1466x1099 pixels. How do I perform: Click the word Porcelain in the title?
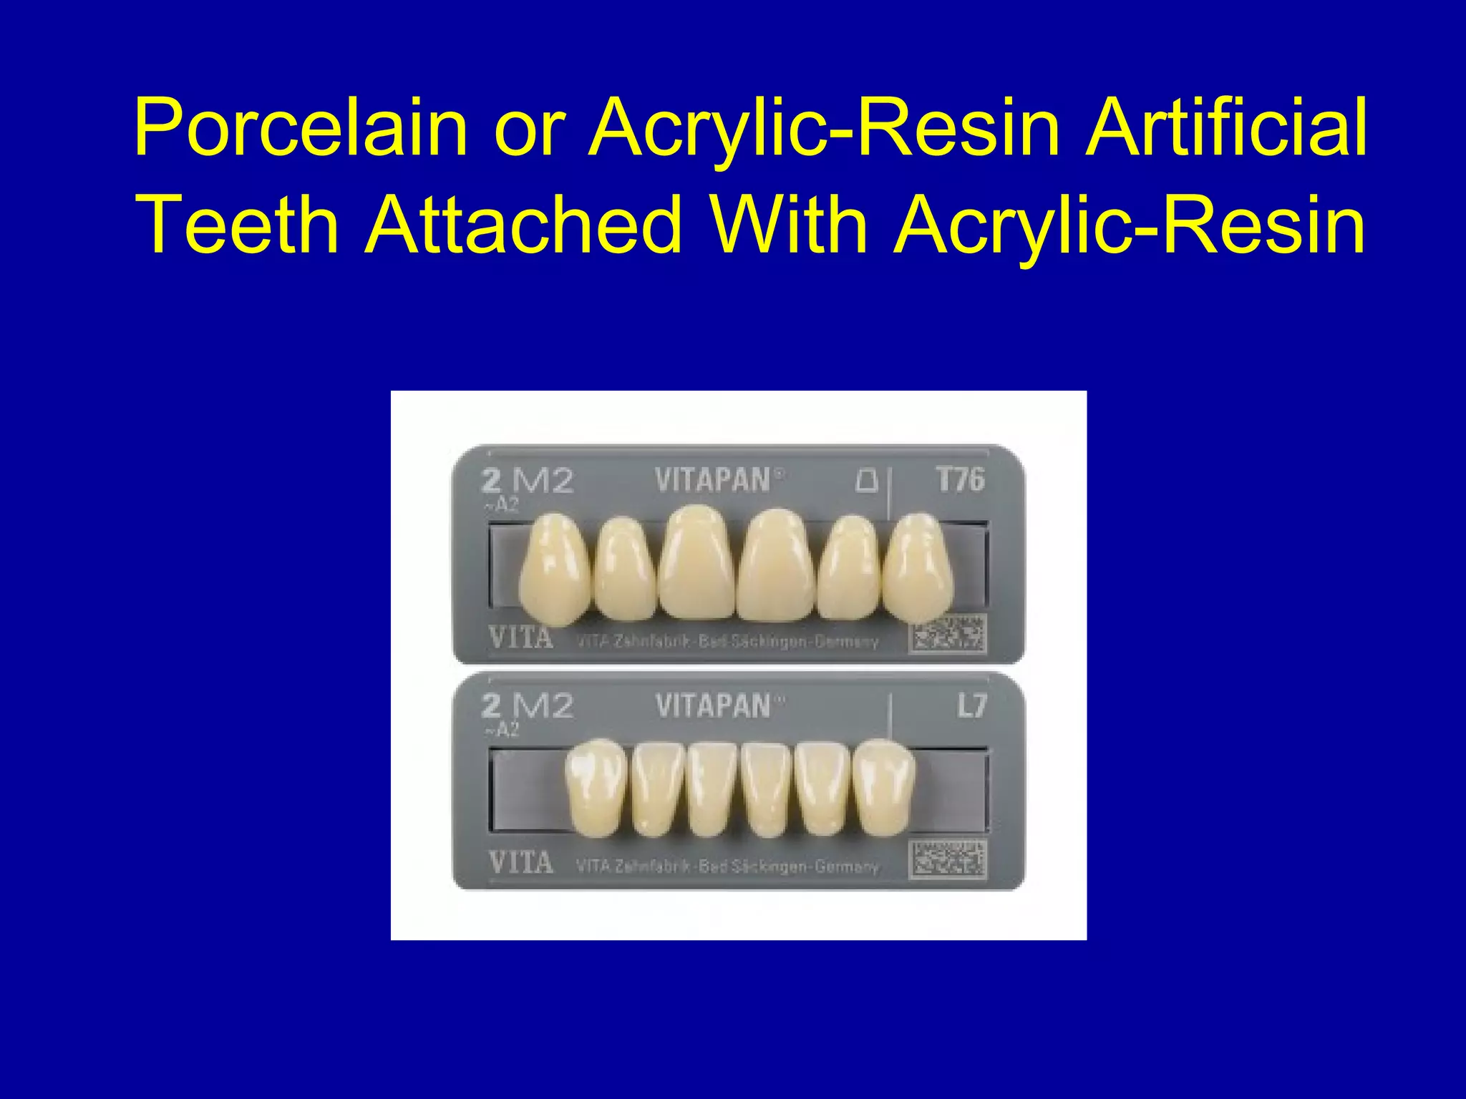pyautogui.click(x=301, y=129)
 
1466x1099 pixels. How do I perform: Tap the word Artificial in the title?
pyautogui.click(x=1226, y=129)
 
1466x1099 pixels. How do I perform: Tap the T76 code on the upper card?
pyautogui.click(x=961, y=479)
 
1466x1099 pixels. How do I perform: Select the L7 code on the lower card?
pyautogui.click(x=972, y=707)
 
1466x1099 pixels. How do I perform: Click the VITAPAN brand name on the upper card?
pyautogui.click(x=713, y=480)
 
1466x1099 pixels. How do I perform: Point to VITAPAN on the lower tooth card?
pyautogui.click(x=713, y=706)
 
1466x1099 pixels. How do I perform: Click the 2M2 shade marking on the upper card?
pyautogui.click(x=528, y=481)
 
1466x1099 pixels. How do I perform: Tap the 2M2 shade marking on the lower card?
pyautogui.click(x=528, y=707)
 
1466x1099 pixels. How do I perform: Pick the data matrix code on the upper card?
pyautogui.click(x=948, y=633)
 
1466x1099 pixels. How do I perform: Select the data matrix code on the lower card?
pyautogui.click(x=948, y=859)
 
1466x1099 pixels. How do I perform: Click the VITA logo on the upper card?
pyautogui.click(x=520, y=637)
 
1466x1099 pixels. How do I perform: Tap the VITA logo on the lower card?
pyautogui.click(x=520, y=862)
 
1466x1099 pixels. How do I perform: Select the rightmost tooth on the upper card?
pyautogui.click(x=918, y=569)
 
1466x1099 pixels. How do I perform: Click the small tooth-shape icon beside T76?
pyautogui.click(x=867, y=481)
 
